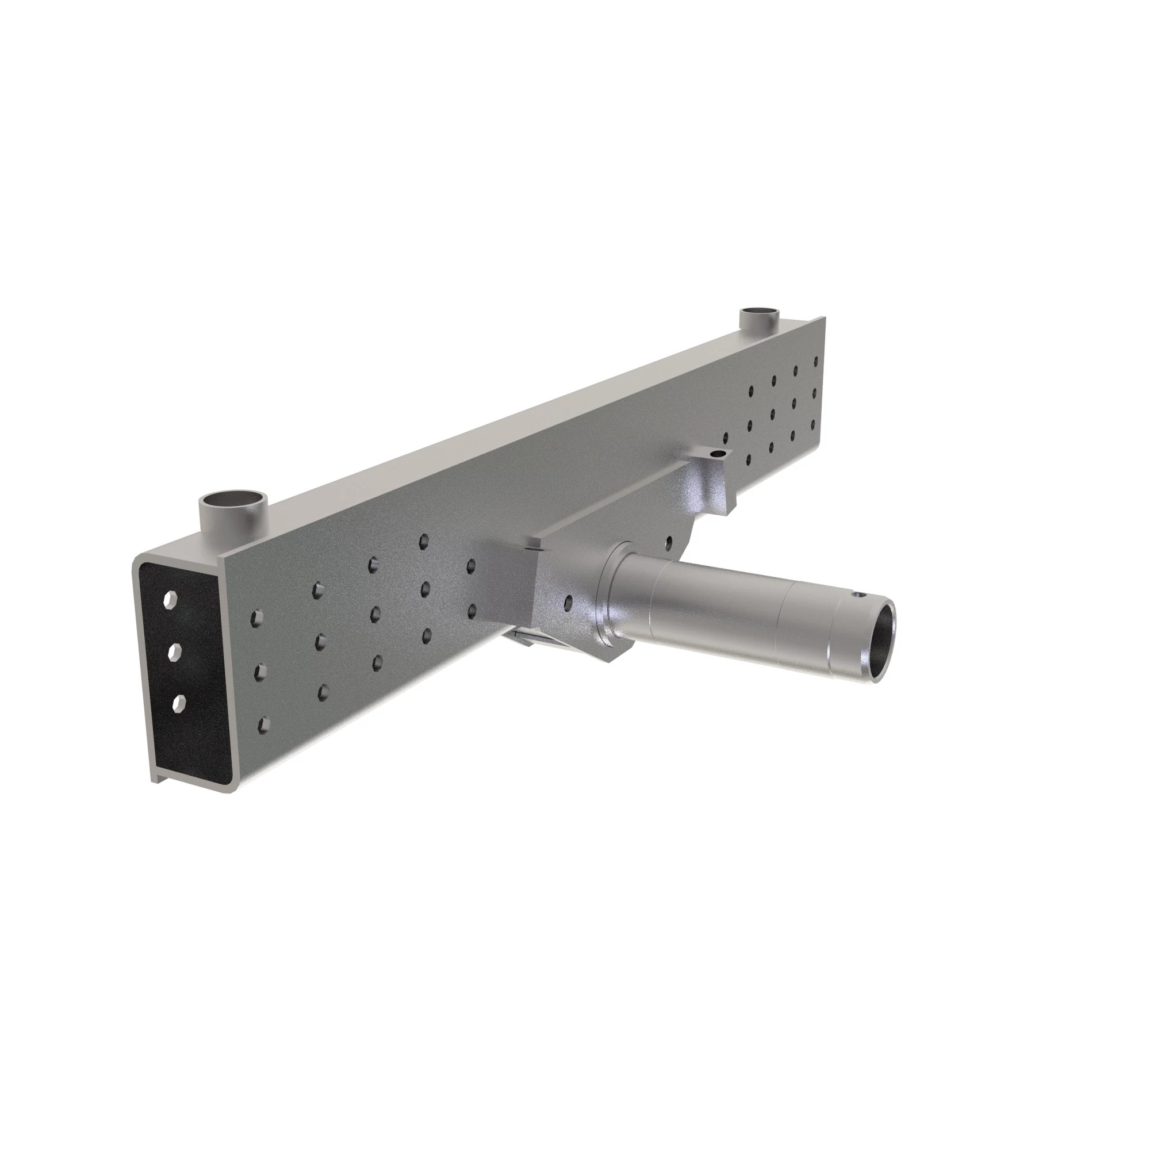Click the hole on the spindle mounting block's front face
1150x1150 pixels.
point(570,603)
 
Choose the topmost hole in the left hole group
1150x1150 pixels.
point(424,540)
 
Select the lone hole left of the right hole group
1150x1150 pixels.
point(725,438)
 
